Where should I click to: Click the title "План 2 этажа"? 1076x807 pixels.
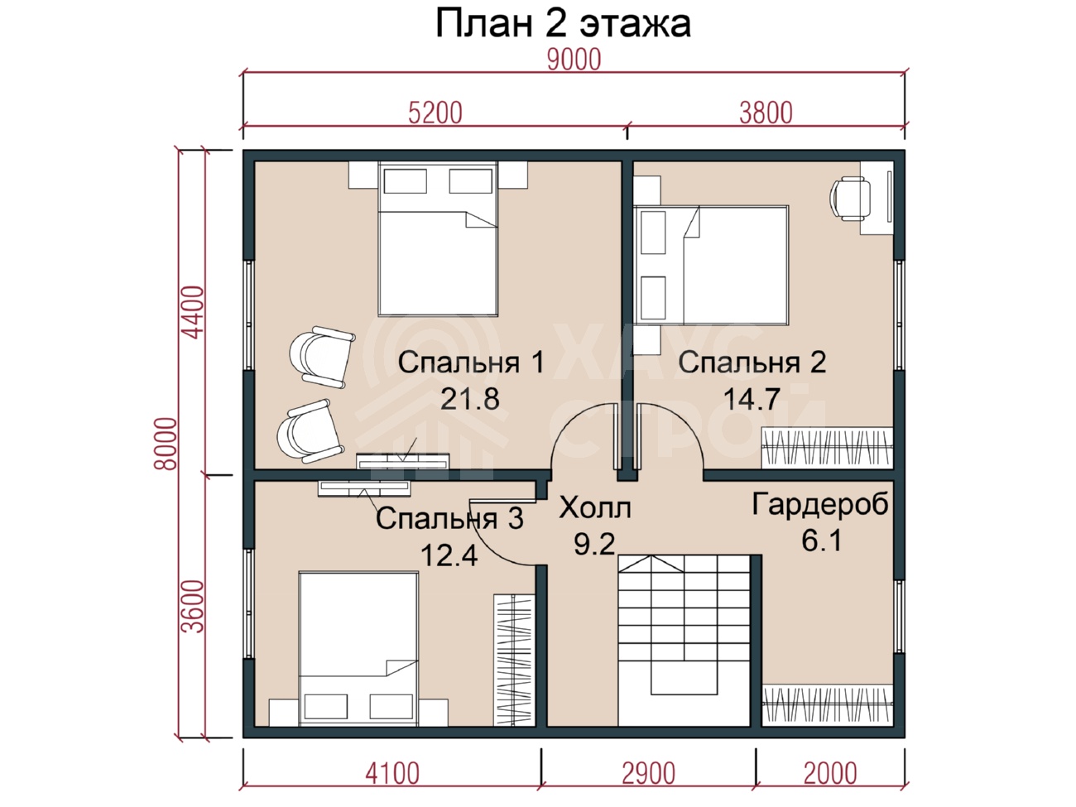(x=564, y=23)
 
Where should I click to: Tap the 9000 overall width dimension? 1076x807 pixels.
(x=574, y=60)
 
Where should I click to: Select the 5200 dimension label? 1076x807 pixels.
(x=435, y=113)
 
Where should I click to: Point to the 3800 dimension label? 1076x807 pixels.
(x=766, y=113)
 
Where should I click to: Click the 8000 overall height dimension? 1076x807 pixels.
(x=166, y=444)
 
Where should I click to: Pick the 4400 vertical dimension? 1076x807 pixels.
(x=192, y=313)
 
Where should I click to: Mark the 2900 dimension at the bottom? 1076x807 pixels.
(x=649, y=774)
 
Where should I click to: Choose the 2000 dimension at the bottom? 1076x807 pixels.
(x=830, y=774)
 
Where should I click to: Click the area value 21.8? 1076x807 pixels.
(x=469, y=399)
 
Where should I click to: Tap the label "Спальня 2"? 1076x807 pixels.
(x=752, y=363)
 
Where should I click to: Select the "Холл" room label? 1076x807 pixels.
(x=594, y=508)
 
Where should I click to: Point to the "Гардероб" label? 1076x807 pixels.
(x=820, y=504)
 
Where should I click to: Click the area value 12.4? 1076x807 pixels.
(x=449, y=556)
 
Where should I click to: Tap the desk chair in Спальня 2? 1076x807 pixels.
(x=849, y=199)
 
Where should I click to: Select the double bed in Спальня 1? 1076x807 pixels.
(x=438, y=238)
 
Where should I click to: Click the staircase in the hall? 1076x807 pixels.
(x=685, y=641)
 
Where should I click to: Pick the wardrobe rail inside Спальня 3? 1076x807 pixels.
(x=513, y=660)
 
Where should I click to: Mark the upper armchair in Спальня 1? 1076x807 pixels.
(x=321, y=358)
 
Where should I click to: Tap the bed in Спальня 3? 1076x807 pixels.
(x=358, y=649)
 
